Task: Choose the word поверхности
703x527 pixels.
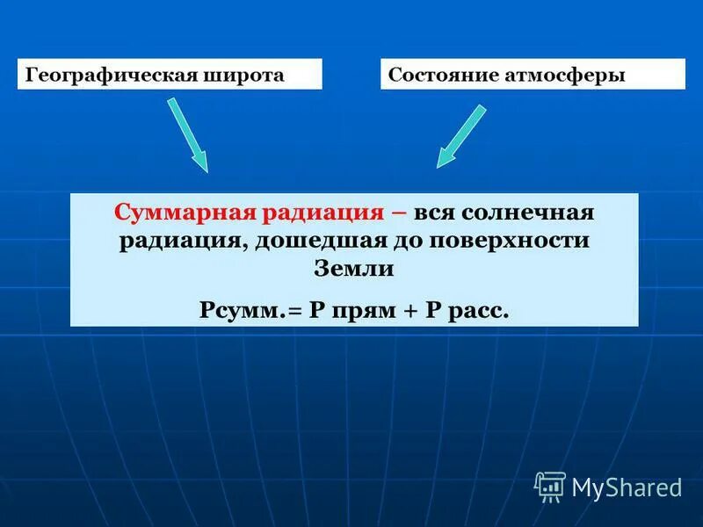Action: pyautogui.click(x=505, y=242)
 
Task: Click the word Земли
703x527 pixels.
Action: pyautogui.click(x=353, y=269)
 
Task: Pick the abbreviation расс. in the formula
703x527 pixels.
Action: pyautogui.click(x=478, y=312)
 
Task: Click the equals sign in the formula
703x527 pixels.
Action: pyautogui.click(x=295, y=311)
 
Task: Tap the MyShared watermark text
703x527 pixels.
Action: pyautogui.click(x=627, y=487)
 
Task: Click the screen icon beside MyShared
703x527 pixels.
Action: pyautogui.click(x=550, y=486)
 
